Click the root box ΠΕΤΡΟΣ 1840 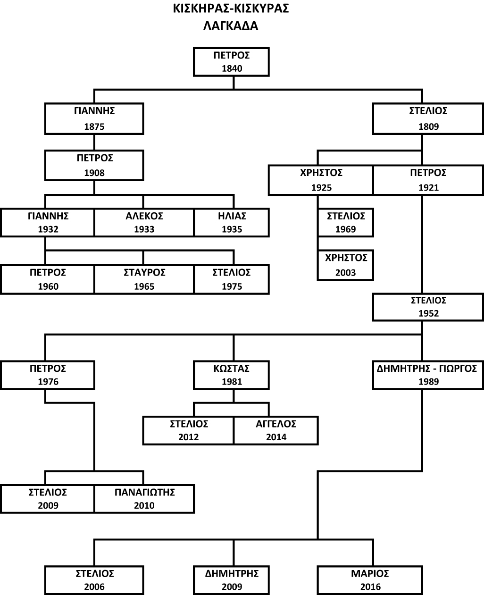point(231,62)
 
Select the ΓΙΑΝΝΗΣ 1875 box point(94,118)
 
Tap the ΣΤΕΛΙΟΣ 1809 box point(428,118)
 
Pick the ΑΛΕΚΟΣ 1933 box point(144,223)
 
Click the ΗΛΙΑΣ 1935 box point(232,223)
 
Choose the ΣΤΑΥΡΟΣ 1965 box point(144,279)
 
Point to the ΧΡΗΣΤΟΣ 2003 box point(346,265)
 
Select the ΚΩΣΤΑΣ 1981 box point(232,375)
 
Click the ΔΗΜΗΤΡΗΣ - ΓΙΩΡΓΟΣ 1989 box point(428,375)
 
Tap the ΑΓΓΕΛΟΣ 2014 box point(276,430)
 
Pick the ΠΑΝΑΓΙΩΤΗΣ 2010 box point(144,499)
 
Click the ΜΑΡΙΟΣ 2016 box point(370,580)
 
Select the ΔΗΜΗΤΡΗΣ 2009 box point(232,580)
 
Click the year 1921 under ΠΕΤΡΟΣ point(428,187)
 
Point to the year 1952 point(428,313)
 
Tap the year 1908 point(94,173)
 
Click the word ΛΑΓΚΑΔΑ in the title point(231,26)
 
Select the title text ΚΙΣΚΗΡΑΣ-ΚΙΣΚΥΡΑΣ point(231,8)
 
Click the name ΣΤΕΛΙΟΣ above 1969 point(346,216)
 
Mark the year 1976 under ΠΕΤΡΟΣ point(48,381)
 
